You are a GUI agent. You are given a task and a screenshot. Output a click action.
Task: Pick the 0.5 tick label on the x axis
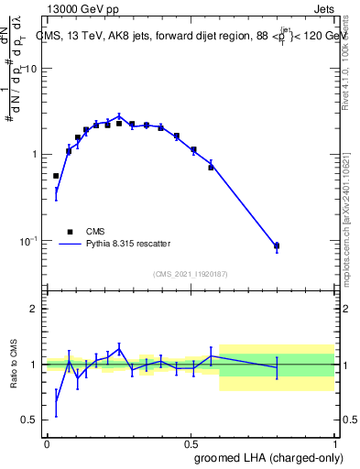pos(191,443)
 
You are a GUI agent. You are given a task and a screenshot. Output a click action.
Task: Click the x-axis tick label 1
pos(336,443)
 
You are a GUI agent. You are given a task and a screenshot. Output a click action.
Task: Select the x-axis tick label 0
pos(47,443)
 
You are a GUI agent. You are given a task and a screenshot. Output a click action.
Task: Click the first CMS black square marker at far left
pos(56,176)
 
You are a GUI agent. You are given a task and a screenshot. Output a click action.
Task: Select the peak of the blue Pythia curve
pos(119,116)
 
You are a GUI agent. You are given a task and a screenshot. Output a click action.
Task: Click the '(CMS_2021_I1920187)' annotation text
pos(191,275)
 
